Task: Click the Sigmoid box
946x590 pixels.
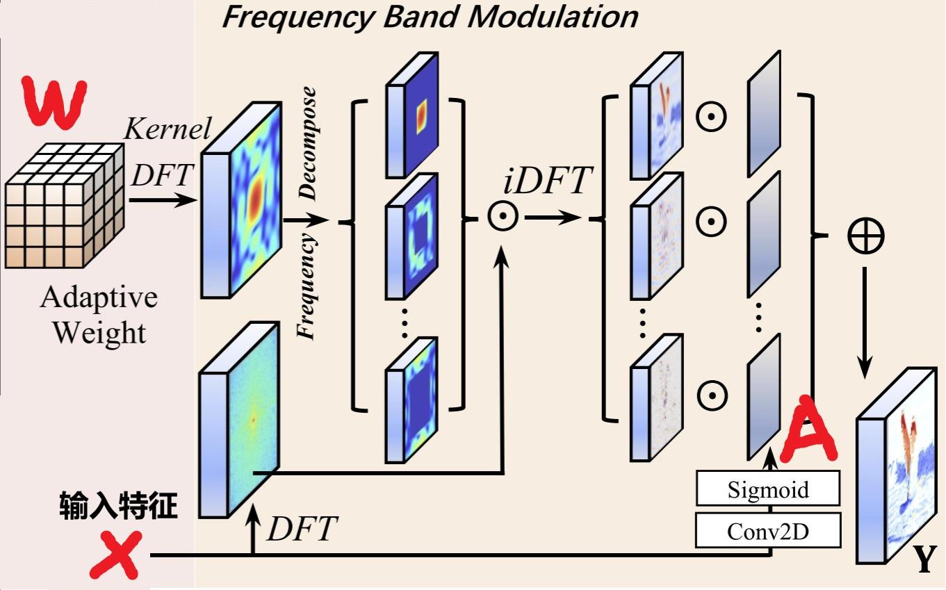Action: pos(768,489)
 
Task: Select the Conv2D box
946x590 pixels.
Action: pos(768,531)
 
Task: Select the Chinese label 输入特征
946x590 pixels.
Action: pos(118,507)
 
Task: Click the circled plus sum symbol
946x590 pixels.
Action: pos(865,236)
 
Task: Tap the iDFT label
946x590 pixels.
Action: pos(546,182)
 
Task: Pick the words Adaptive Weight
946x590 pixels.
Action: pos(98,315)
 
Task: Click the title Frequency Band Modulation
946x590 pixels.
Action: pos(429,16)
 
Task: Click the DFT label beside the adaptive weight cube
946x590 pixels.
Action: pos(161,176)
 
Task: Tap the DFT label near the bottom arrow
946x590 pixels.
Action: pos(302,530)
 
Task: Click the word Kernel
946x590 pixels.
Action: pos(167,129)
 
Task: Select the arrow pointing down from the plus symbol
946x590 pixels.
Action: pos(865,320)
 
